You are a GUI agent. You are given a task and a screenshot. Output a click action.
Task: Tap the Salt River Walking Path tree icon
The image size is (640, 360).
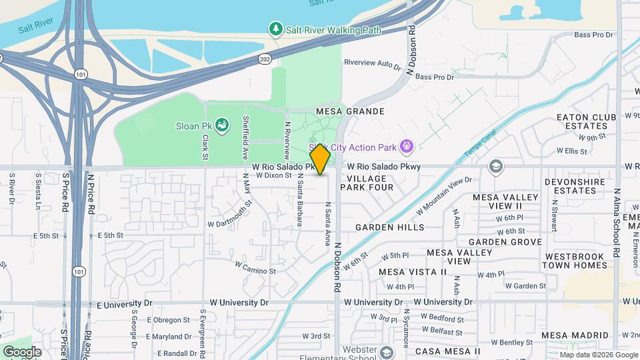[x=275, y=29]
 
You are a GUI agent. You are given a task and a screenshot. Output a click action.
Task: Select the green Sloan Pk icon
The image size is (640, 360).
[x=223, y=124]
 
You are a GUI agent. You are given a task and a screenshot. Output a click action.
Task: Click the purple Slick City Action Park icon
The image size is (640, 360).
[x=406, y=147]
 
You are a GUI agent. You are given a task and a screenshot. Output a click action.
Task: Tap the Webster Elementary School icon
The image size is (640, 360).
[x=387, y=353]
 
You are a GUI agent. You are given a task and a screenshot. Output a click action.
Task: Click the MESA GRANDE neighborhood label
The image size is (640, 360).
[x=350, y=111]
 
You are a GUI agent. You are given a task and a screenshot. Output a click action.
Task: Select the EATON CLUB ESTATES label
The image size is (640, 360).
[x=586, y=121]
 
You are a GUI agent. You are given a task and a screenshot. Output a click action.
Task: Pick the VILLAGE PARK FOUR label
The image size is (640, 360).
[x=363, y=183]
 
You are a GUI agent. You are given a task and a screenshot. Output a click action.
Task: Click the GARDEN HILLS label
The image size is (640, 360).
[x=389, y=227]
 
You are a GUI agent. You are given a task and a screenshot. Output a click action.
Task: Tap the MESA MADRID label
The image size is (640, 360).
[x=573, y=335]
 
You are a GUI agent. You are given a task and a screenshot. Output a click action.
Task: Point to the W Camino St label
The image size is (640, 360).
[x=255, y=267]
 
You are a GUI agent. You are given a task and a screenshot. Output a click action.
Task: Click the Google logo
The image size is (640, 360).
[x=22, y=351]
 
